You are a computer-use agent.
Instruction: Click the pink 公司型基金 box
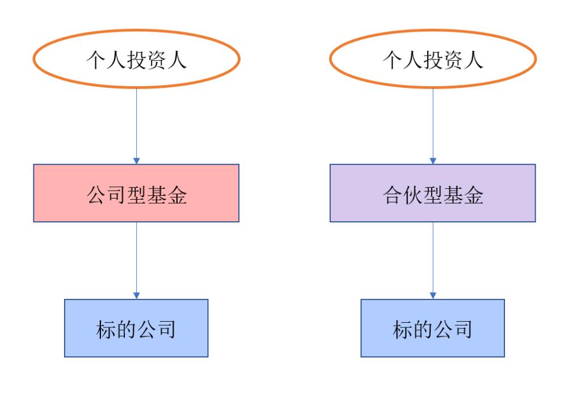[136, 192]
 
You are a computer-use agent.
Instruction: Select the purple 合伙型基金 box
[432, 192]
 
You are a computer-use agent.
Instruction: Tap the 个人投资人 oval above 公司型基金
[136, 59]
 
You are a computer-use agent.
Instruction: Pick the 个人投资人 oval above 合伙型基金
[432, 59]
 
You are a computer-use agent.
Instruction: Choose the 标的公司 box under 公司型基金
[136, 328]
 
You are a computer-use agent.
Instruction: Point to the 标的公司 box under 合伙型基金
[432, 328]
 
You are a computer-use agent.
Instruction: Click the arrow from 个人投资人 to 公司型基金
[136, 125]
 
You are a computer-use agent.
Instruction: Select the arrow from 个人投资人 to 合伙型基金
[433, 125]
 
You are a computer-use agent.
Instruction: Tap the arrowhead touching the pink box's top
[136, 161]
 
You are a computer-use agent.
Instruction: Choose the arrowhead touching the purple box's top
[433, 161]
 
